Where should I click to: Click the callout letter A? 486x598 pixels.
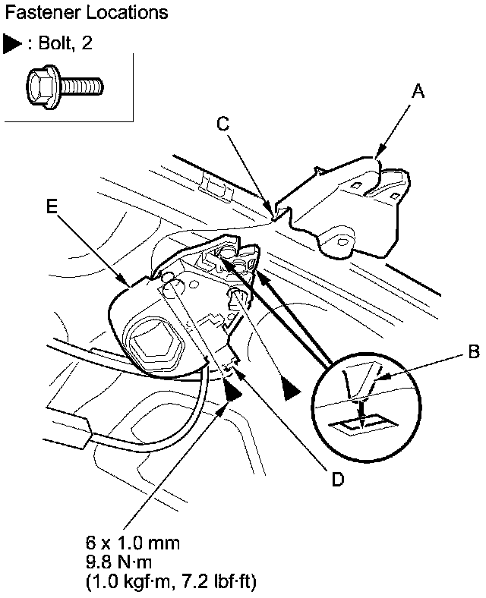click(x=417, y=92)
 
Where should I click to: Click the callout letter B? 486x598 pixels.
click(x=472, y=352)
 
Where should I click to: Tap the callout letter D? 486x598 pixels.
click(x=338, y=479)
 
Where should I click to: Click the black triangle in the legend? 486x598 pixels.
click(x=11, y=44)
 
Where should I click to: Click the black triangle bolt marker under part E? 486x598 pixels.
click(x=233, y=391)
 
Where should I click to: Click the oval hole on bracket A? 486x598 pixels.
click(x=343, y=241)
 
